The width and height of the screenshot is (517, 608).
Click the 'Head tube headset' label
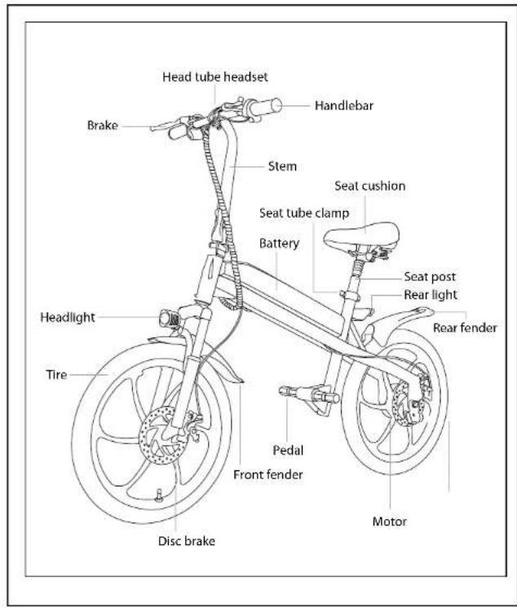[x=214, y=77]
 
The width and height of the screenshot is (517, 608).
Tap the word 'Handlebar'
[x=344, y=105]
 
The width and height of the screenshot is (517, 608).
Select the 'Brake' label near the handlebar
[x=103, y=126]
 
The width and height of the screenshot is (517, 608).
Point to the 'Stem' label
[x=282, y=166]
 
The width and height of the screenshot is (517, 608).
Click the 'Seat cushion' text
[x=370, y=186]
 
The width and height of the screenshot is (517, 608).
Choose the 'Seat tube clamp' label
[x=304, y=213]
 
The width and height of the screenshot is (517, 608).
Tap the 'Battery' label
[x=279, y=243]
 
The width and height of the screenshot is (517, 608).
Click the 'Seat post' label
[x=430, y=276]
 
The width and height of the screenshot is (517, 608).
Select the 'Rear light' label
[x=431, y=295]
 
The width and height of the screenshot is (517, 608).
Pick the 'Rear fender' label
[x=465, y=328]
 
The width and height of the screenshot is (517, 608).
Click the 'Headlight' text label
[x=68, y=317]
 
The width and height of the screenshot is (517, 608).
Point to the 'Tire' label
[x=56, y=375]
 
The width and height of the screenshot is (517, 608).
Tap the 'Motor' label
[x=390, y=522]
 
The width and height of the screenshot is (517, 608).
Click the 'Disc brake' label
[x=187, y=541]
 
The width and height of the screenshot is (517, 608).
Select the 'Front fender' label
[x=268, y=474]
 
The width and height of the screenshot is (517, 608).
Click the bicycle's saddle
[x=361, y=236]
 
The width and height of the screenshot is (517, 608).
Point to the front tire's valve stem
[x=158, y=496]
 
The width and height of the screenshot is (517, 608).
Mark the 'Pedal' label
[x=288, y=450]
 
